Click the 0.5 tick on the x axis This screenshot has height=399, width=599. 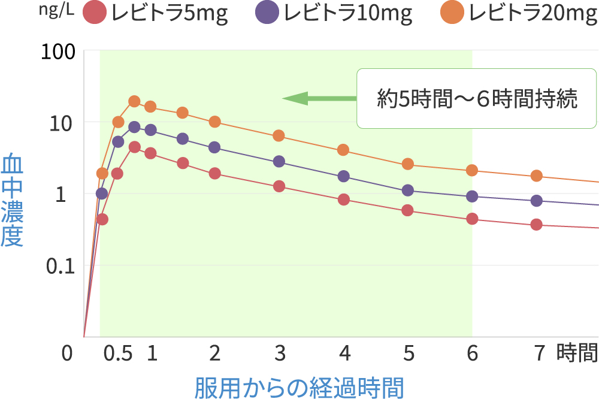tap(117, 354)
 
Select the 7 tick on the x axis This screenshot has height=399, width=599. tap(540, 354)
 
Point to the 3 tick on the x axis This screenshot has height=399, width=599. tap(279, 354)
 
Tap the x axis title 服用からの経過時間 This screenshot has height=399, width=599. tap(299, 387)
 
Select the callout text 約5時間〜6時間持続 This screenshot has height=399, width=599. tap(477, 99)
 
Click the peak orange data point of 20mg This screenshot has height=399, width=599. tap(134, 101)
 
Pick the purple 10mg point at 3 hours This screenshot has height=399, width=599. tap(279, 161)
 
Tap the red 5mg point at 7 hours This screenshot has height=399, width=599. tap(536, 225)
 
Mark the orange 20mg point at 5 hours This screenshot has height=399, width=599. tap(408, 164)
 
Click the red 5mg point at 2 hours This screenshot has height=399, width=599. tap(214, 173)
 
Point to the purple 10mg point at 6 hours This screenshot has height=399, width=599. tap(472, 196)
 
